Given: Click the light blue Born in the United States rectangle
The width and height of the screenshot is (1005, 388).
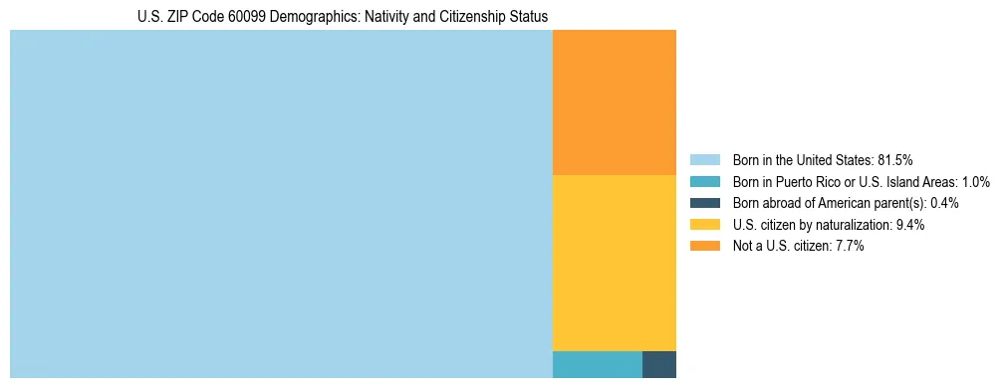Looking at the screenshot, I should [281, 204].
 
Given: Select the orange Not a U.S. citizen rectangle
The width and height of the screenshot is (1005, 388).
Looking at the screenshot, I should [614, 102].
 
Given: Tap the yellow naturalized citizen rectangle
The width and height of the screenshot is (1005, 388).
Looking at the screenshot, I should [614, 263].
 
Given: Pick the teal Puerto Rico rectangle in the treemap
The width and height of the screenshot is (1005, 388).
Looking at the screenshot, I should [597, 364].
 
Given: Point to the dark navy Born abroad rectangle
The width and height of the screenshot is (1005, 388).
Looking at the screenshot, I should [659, 364].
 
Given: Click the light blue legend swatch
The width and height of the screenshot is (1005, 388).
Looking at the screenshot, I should [704, 159].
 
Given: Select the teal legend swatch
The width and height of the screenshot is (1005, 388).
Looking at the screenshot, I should [704, 181].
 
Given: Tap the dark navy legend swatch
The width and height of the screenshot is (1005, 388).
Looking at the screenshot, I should [704, 203].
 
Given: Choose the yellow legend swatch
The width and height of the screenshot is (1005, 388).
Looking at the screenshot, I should [704, 225].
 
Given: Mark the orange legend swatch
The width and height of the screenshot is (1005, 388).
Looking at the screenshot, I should [704, 247].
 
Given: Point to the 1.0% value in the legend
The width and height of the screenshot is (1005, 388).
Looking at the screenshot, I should [973, 181].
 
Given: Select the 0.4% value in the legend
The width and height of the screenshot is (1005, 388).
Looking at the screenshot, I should [945, 203].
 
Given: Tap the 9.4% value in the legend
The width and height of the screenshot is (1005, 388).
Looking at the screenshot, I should [910, 225].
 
